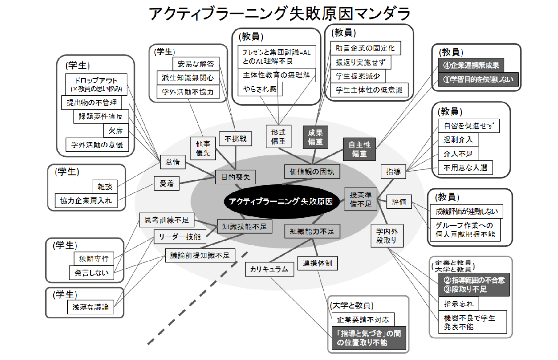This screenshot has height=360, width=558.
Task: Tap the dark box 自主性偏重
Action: pyautogui.click(x=359, y=149)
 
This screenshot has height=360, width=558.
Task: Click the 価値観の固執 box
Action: pyautogui.click(x=312, y=172)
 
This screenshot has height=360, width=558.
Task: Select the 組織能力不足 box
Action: pyautogui.click(x=312, y=231)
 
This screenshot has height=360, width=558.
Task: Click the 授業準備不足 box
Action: pyautogui.click(x=360, y=199)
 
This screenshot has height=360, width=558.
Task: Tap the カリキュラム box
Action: pyautogui.click(x=269, y=269)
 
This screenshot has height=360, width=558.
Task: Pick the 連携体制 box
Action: pyautogui.click(x=318, y=262)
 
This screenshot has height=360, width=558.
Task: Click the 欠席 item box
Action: pyautogui.click(x=116, y=131)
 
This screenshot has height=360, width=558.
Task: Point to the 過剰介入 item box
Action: pyautogui.click(x=458, y=140)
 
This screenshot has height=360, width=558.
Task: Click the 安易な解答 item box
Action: pyautogui.click(x=195, y=63)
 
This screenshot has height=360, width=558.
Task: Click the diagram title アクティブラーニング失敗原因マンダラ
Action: pyautogui.click(x=279, y=14)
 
